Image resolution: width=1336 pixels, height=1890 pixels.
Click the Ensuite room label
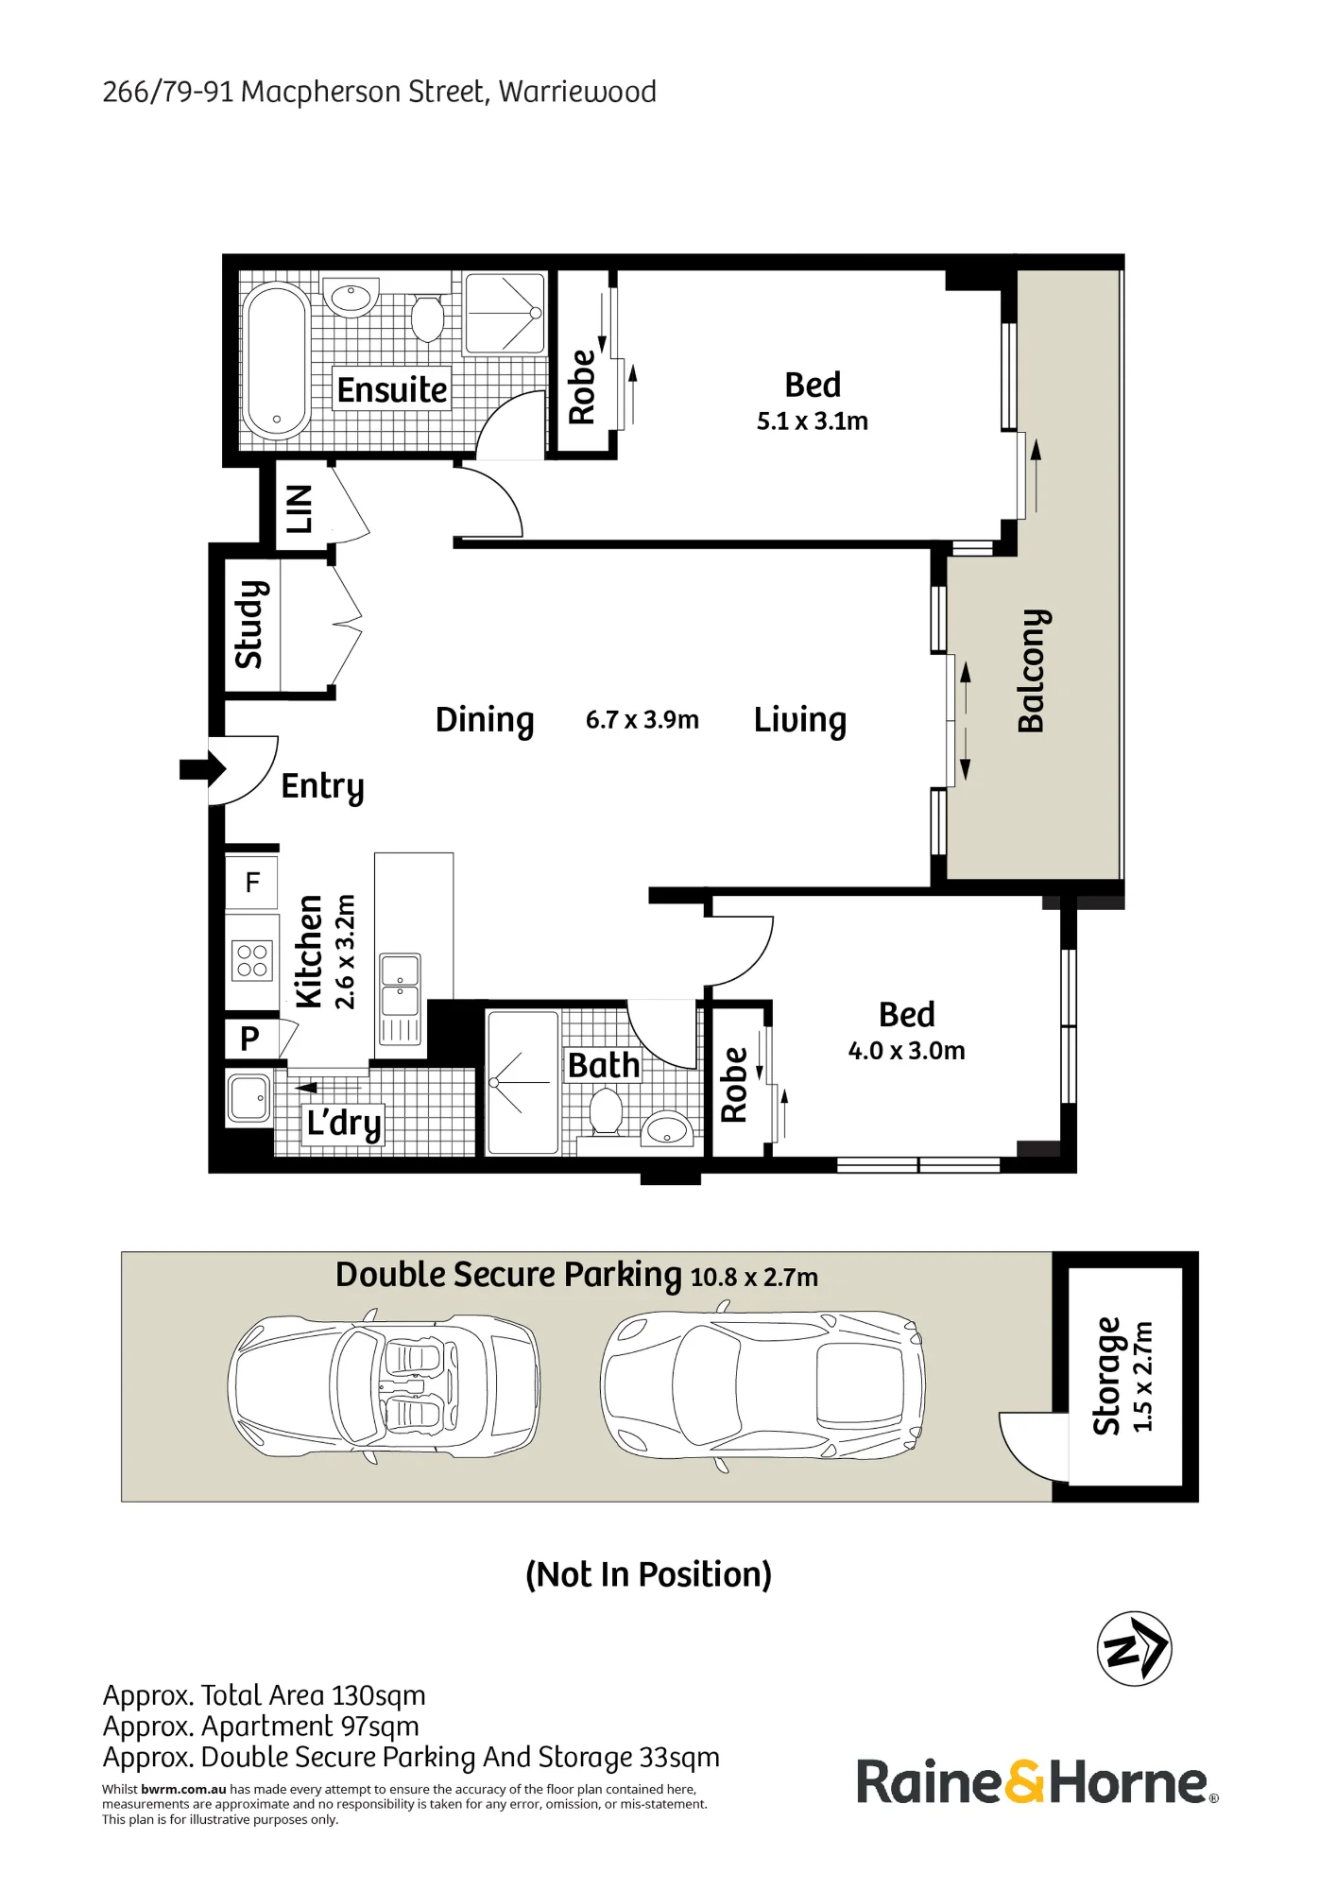(392, 389)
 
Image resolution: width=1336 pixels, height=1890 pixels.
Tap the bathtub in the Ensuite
(276, 360)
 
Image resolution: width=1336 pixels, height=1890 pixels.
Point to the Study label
(248, 625)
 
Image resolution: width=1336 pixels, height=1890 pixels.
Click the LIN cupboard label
(299, 509)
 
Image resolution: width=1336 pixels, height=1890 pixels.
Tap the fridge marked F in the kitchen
(251, 883)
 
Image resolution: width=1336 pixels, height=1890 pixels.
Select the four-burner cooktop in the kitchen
(252, 960)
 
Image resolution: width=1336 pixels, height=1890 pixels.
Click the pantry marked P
(249, 1039)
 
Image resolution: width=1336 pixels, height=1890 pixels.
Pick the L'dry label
(344, 1124)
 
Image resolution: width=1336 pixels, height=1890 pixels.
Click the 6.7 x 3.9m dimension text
(642, 720)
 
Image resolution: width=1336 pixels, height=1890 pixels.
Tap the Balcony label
(1032, 671)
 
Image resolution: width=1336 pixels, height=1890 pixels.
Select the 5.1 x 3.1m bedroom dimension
(813, 421)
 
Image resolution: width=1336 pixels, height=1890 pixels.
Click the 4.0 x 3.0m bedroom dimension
(907, 1051)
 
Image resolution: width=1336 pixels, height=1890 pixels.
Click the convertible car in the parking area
(385, 1386)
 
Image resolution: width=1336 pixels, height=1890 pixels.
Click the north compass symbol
(1134, 1649)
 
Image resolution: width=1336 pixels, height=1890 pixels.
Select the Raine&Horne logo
(1036, 1782)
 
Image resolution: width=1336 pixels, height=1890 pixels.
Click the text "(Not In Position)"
(649, 1574)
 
